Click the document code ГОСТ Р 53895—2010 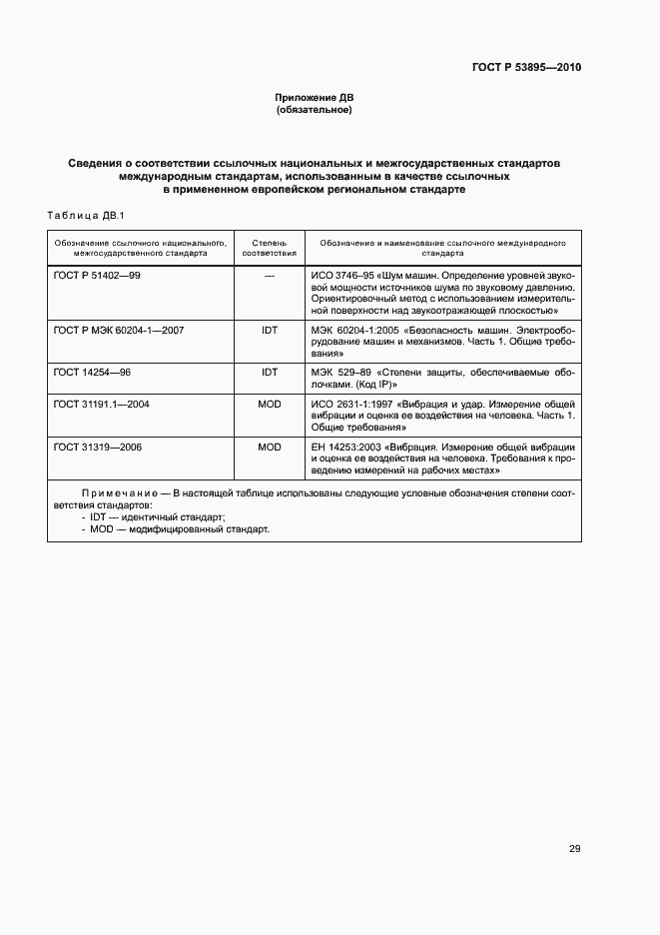coord(525,68)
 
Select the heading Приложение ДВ coord(315,97)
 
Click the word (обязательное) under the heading coord(315,110)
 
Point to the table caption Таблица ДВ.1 coord(84,216)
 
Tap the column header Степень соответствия coord(269,248)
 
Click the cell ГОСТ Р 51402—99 coord(97,275)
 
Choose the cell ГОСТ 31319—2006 coord(98,447)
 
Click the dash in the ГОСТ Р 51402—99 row coord(269,275)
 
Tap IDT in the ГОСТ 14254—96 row coord(269,372)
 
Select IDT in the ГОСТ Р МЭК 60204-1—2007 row coord(269,330)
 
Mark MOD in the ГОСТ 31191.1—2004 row coord(269,405)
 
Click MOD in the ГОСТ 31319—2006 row coord(269,447)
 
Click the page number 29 coord(574,848)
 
